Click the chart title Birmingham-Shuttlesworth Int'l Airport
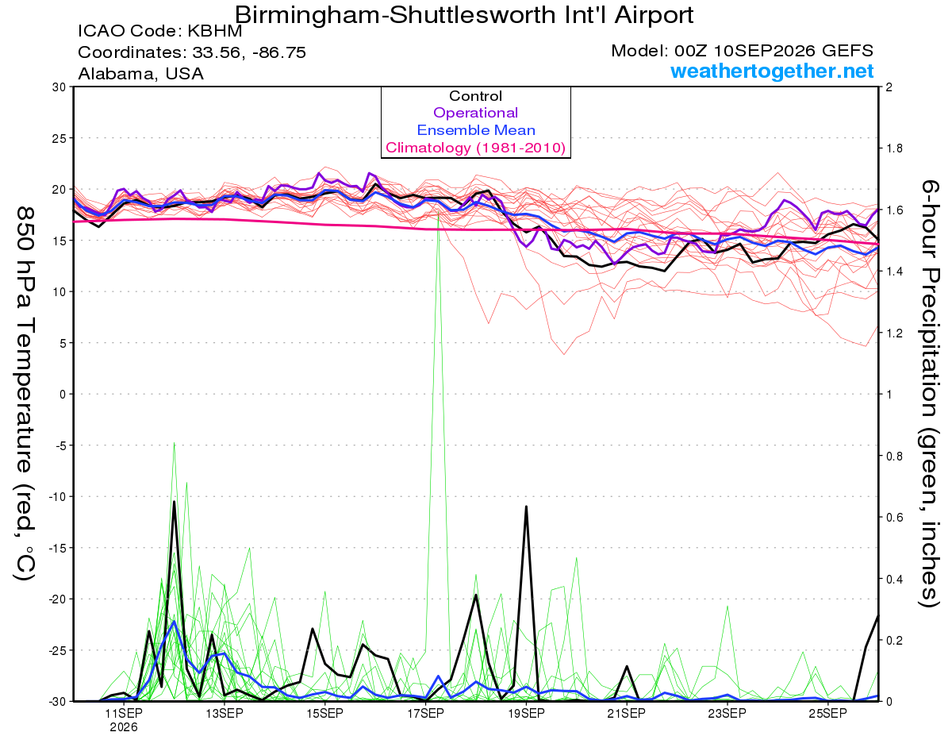(x=464, y=16)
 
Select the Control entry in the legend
(x=475, y=96)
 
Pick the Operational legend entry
(x=475, y=113)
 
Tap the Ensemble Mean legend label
(x=476, y=130)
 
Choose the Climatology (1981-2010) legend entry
(x=475, y=148)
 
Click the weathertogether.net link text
(x=772, y=71)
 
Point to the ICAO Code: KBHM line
(x=160, y=31)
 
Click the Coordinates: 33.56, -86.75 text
(x=192, y=52)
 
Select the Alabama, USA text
(x=140, y=74)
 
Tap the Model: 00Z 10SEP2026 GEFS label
(x=742, y=51)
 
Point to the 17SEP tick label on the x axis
(x=425, y=713)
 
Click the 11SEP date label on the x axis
(x=124, y=713)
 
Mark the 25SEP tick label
(x=827, y=713)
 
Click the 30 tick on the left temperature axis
(x=59, y=87)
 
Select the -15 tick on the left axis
(x=56, y=548)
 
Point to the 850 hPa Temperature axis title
(x=25, y=394)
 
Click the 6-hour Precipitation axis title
(x=930, y=394)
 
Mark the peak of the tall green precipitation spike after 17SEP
(x=438, y=212)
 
